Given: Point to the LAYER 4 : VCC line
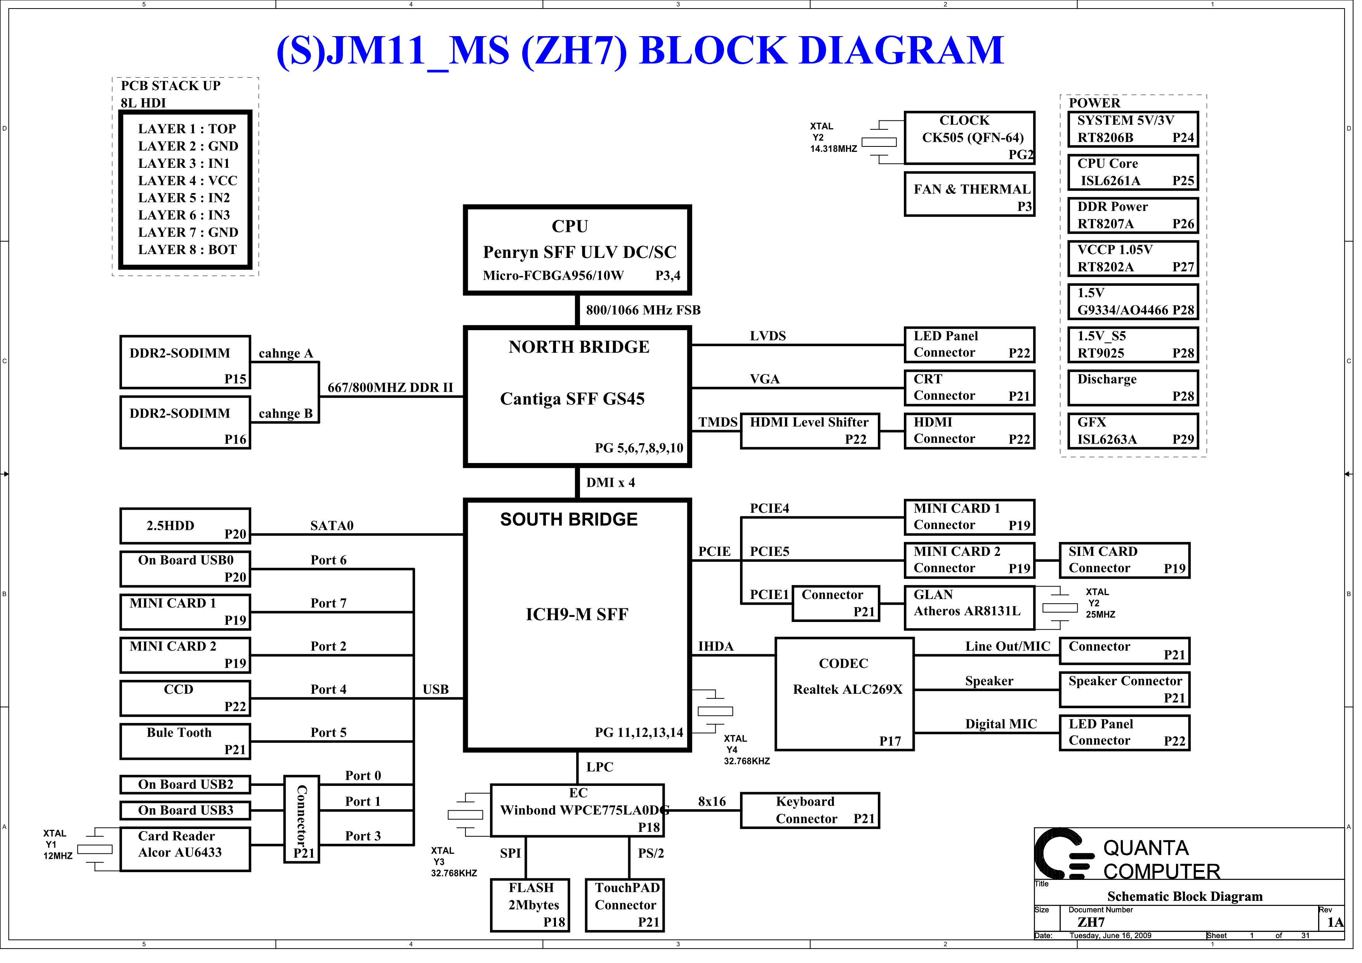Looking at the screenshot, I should tap(188, 181).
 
